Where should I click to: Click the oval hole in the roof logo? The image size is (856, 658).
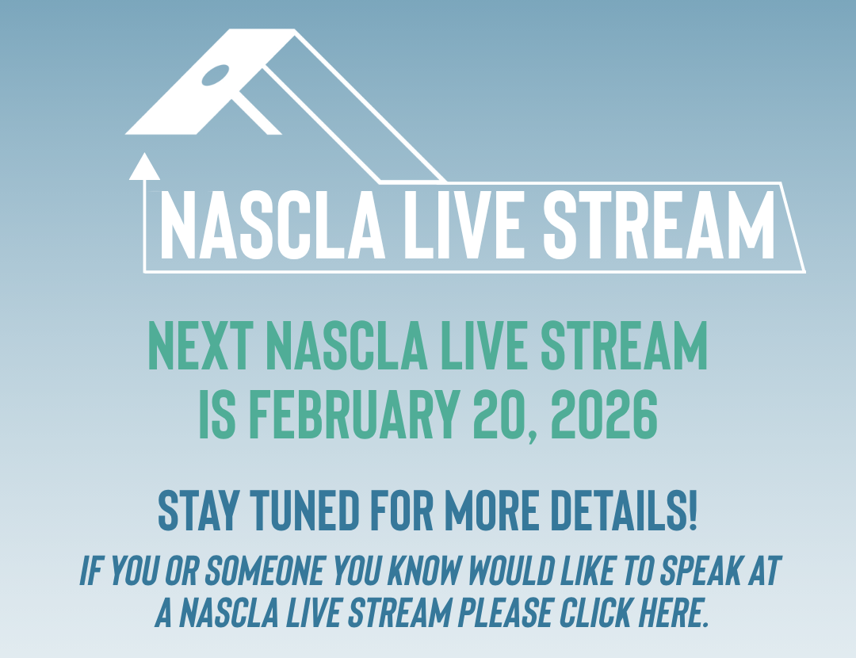pyautogui.click(x=216, y=75)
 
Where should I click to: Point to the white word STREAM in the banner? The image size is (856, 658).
pyautogui.click(x=659, y=224)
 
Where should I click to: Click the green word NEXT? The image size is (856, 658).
pyautogui.click(x=201, y=346)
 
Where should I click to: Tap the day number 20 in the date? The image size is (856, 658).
pyautogui.click(x=506, y=415)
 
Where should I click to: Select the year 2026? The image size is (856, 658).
pyautogui.click(x=604, y=414)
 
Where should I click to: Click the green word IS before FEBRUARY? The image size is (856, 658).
pyautogui.click(x=216, y=414)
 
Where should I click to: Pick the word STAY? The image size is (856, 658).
pyautogui.click(x=198, y=510)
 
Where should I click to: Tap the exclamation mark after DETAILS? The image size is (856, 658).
pyautogui.click(x=693, y=510)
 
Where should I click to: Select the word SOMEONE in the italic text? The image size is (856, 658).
pyautogui.click(x=264, y=571)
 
